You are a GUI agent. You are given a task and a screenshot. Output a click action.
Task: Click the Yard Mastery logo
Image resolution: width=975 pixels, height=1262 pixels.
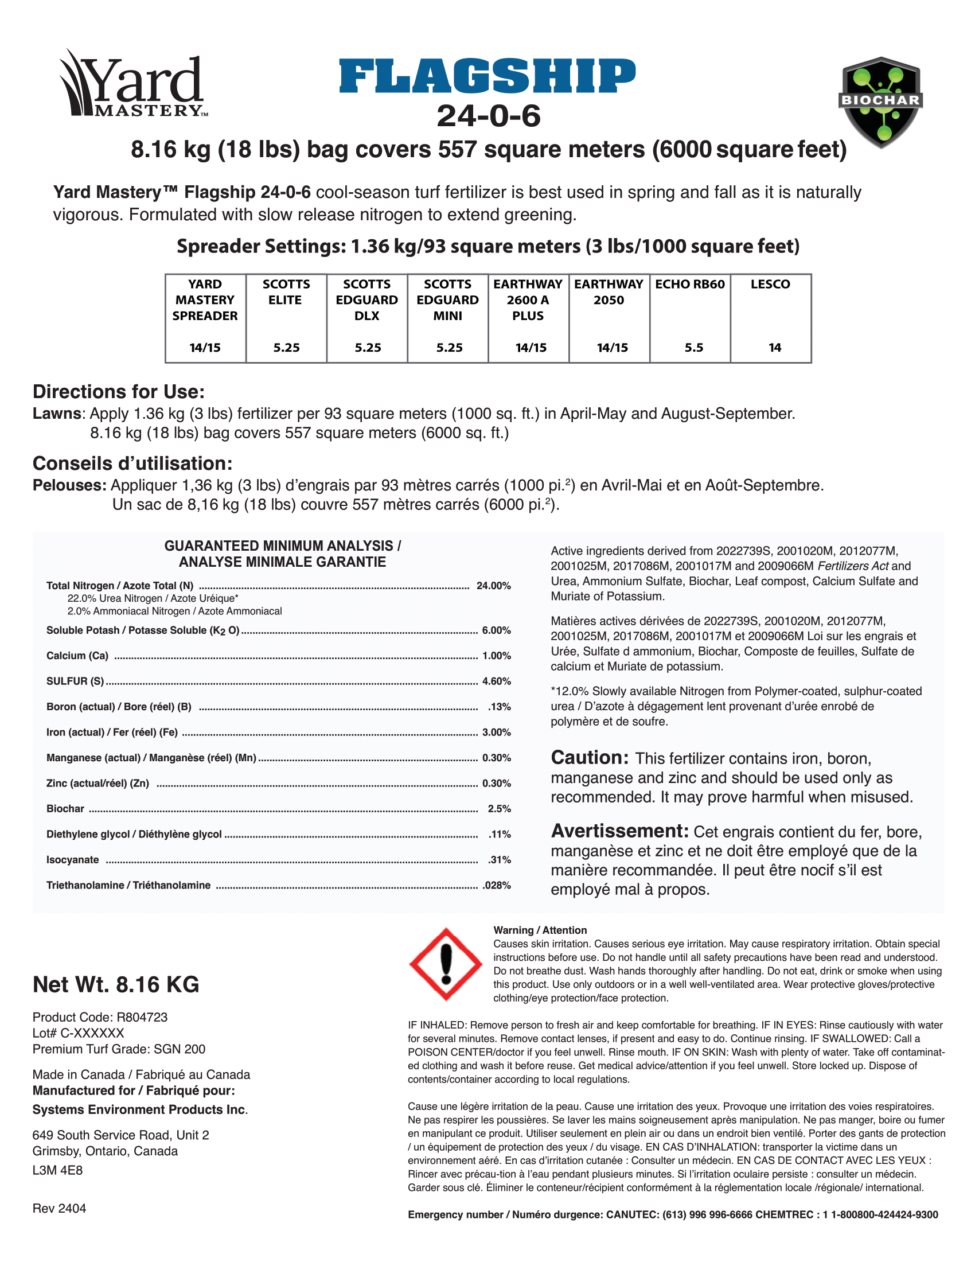(x=132, y=84)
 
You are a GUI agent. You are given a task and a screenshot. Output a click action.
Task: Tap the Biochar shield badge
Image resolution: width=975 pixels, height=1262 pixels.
(x=880, y=102)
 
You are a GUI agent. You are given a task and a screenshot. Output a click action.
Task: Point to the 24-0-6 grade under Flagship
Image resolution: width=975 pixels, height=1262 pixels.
(x=488, y=115)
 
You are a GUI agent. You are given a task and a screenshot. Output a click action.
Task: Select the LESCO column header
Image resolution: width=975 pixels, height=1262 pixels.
(x=770, y=285)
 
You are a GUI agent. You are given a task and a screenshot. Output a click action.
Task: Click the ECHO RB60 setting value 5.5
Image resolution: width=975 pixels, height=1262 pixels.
(x=694, y=347)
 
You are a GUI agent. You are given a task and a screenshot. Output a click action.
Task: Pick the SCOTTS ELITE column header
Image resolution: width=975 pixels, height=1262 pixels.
(x=286, y=292)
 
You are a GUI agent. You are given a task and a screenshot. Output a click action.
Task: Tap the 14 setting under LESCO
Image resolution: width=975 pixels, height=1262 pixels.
(x=775, y=347)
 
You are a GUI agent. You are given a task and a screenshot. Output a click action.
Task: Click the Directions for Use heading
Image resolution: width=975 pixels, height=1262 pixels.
(x=118, y=392)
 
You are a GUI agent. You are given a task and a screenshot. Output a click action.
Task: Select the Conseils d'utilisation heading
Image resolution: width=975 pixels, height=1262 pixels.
(x=132, y=463)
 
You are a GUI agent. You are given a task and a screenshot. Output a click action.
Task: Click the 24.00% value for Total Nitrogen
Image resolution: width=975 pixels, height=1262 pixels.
(x=493, y=586)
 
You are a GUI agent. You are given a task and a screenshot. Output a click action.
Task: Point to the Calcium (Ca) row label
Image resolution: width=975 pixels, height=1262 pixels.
(x=77, y=656)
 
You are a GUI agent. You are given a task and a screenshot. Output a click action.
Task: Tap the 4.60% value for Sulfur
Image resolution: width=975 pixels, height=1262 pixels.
(x=496, y=681)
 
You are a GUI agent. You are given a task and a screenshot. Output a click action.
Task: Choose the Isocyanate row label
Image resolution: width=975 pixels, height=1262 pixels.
(x=73, y=860)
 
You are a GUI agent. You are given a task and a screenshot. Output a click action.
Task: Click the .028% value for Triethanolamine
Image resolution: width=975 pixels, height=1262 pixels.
(x=496, y=885)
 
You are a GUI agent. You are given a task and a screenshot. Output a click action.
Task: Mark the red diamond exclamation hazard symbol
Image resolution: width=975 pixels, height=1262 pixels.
(x=446, y=964)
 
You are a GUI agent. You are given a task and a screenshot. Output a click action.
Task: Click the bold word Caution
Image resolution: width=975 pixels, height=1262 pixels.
(x=589, y=758)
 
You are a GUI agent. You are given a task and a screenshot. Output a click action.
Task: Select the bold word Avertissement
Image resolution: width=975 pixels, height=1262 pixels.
(x=619, y=831)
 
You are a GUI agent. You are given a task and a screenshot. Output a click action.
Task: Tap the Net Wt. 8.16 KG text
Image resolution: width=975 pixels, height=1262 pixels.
(x=116, y=984)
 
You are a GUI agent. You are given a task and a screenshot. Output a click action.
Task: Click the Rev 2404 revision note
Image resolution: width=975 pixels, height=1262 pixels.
(x=60, y=1209)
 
